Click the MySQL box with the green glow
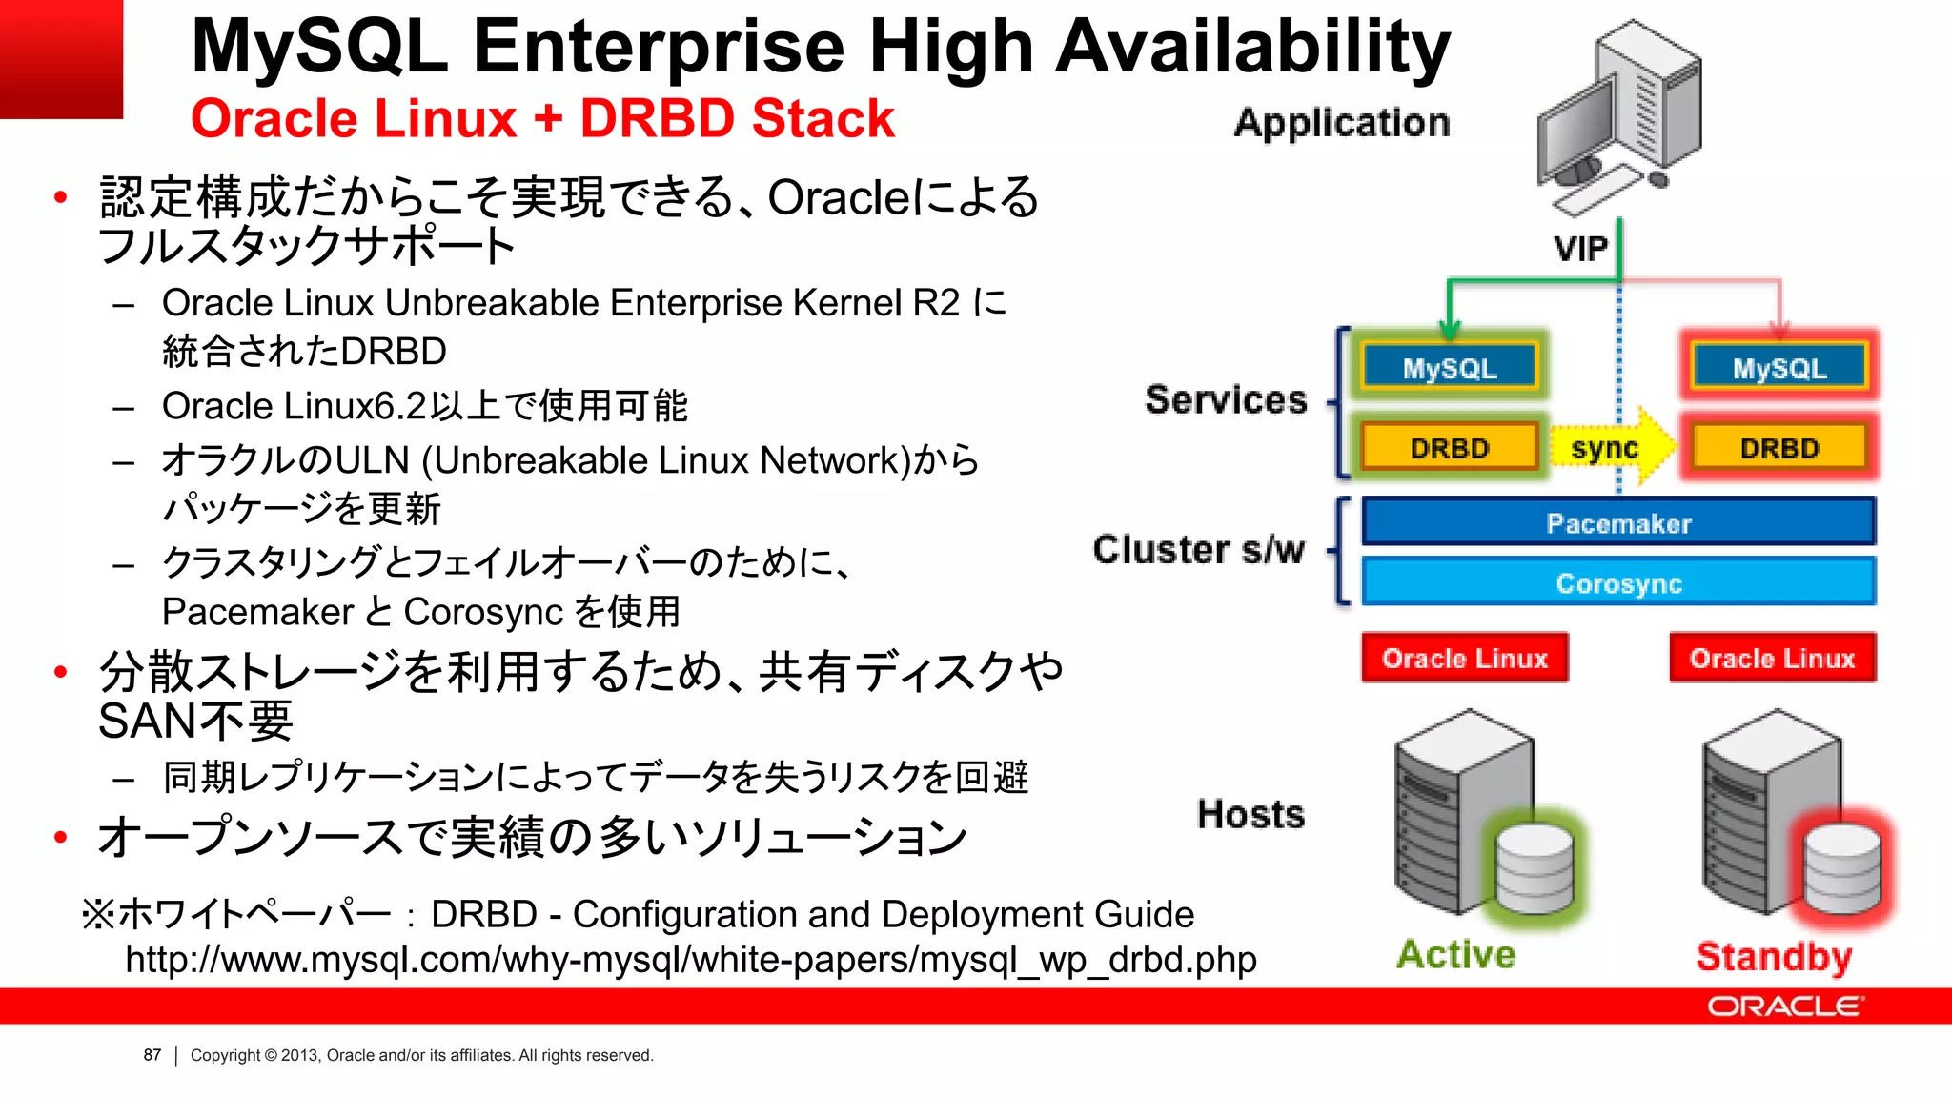(x=1449, y=367)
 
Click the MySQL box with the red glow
(x=1779, y=367)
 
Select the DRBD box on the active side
(x=1449, y=447)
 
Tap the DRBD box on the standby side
(x=1779, y=447)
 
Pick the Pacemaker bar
(x=1618, y=522)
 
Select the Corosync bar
(x=1618, y=582)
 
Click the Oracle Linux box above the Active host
(x=1464, y=658)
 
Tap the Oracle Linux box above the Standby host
(x=1772, y=658)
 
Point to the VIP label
(x=1580, y=249)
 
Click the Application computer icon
(x=1620, y=114)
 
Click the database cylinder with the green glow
(x=1535, y=867)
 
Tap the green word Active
(x=1455, y=954)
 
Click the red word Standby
(x=1773, y=956)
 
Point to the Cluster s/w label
(x=1198, y=550)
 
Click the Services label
(x=1226, y=399)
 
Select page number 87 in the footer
(x=152, y=1055)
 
